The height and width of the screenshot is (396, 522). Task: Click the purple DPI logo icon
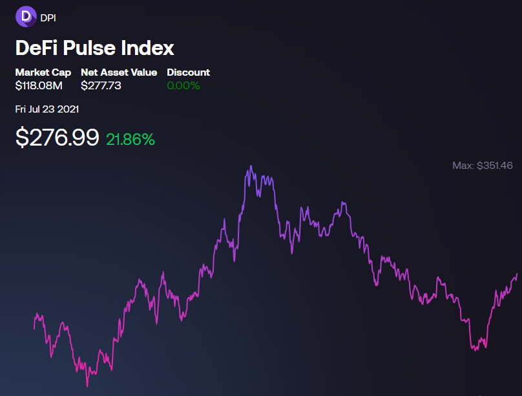tap(26, 16)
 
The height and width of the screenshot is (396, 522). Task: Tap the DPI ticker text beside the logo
tap(48, 18)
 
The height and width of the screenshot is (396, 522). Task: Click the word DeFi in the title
tap(36, 48)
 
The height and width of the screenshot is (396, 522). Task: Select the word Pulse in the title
tap(90, 48)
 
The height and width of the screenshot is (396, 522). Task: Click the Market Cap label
tap(43, 72)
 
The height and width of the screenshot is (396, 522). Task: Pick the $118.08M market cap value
tap(39, 85)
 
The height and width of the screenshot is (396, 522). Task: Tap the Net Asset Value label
tap(119, 72)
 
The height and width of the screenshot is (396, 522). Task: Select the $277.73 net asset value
tap(101, 85)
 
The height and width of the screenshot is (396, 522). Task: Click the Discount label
tap(188, 72)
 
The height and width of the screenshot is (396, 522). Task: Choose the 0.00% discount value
tap(183, 85)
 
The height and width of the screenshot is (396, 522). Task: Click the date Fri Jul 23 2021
tap(47, 109)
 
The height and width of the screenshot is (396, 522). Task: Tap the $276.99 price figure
tap(57, 137)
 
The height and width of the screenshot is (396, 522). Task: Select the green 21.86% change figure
tap(130, 139)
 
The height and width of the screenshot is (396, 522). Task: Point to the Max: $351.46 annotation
tap(483, 166)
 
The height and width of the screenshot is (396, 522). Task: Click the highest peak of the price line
tap(251, 166)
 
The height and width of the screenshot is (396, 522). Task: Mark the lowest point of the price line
tap(88, 386)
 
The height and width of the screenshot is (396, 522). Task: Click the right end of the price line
tap(517, 274)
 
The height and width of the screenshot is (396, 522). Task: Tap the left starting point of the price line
tap(34, 329)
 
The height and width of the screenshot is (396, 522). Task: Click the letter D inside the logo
tap(26, 16)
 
